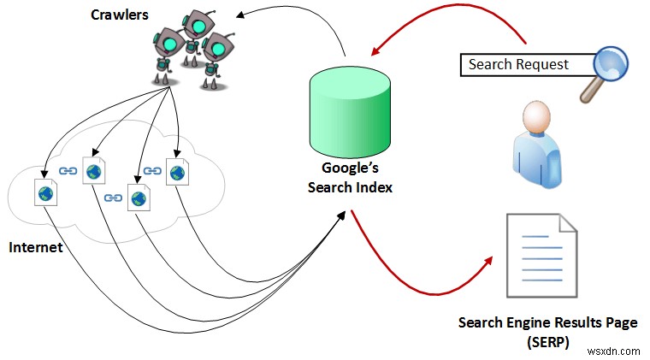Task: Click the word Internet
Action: click(x=37, y=247)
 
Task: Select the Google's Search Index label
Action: click(x=351, y=178)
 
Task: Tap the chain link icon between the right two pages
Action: click(x=152, y=172)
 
